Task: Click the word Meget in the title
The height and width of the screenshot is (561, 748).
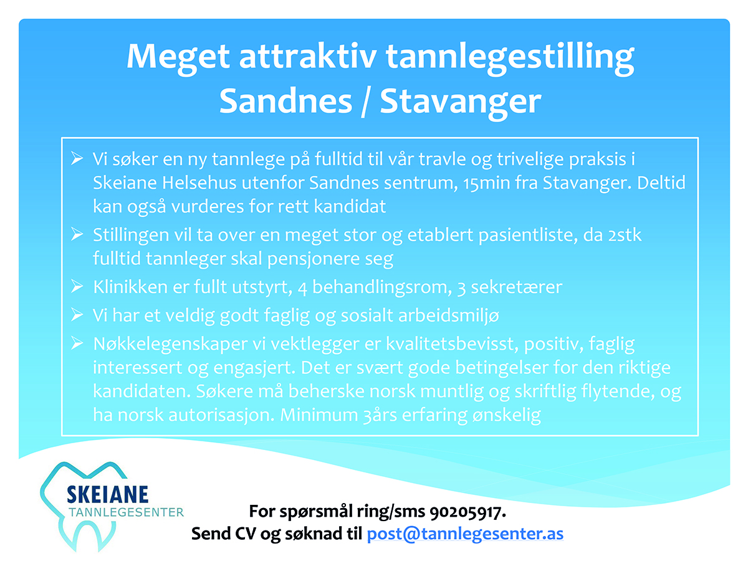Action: click(178, 58)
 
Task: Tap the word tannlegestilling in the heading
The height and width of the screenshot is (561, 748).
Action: click(510, 58)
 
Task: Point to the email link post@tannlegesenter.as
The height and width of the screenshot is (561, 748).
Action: click(465, 534)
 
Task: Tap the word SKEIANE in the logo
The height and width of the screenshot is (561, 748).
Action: click(108, 494)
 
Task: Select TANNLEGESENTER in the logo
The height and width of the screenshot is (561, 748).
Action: click(126, 512)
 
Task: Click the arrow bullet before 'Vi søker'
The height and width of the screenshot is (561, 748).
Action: click(77, 158)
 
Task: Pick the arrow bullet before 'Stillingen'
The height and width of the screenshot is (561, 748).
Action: click(77, 234)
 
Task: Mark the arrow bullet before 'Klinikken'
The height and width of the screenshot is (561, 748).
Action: click(77, 287)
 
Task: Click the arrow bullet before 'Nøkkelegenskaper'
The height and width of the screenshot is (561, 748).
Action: click(77, 343)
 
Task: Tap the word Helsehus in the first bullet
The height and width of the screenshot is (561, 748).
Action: click(199, 183)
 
